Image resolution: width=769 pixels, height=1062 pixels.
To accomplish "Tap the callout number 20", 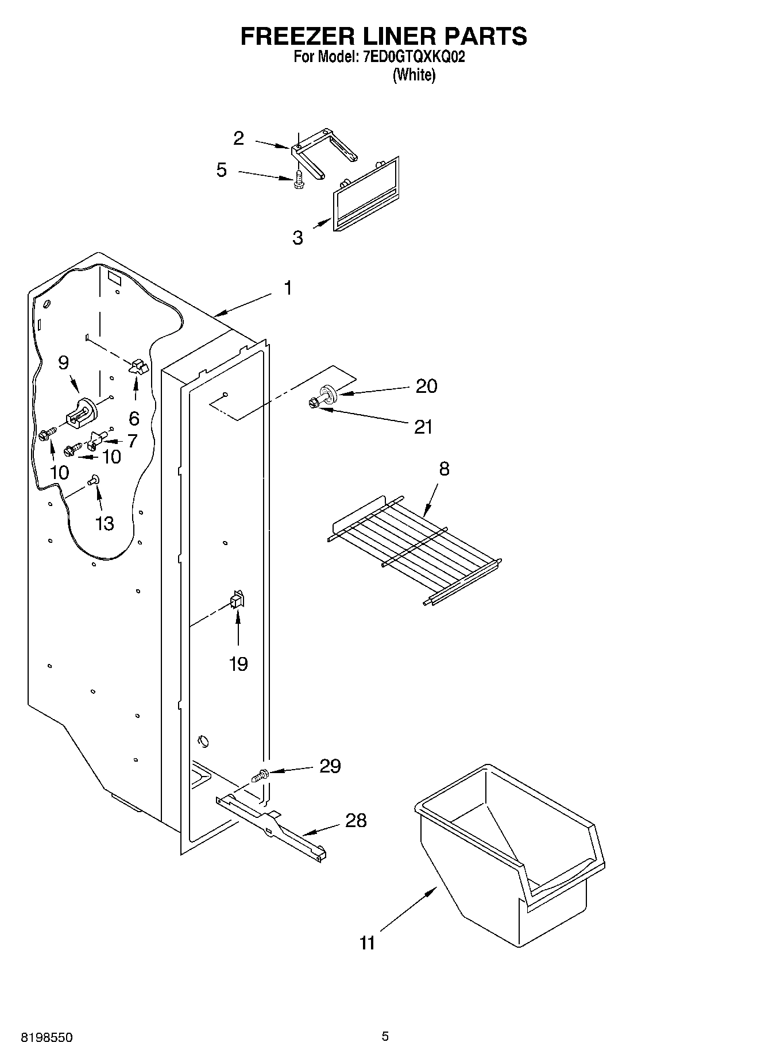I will pos(426,386).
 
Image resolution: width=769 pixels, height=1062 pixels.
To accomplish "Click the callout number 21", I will pos(423,427).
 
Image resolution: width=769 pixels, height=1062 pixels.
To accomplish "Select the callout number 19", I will pos(238,664).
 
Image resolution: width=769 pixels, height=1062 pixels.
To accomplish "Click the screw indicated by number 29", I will pos(260,776).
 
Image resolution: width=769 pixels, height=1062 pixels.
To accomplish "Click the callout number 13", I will pos(105,523).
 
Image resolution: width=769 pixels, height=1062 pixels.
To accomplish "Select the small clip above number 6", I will pos(138,366).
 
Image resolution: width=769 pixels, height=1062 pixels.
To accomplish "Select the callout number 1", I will pos(288,288).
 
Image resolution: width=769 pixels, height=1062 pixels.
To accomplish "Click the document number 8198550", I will pos(47,1038).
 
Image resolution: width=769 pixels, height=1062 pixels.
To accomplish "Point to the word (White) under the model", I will pos(414,75).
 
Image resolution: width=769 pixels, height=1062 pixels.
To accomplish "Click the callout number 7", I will pos(133,441).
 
